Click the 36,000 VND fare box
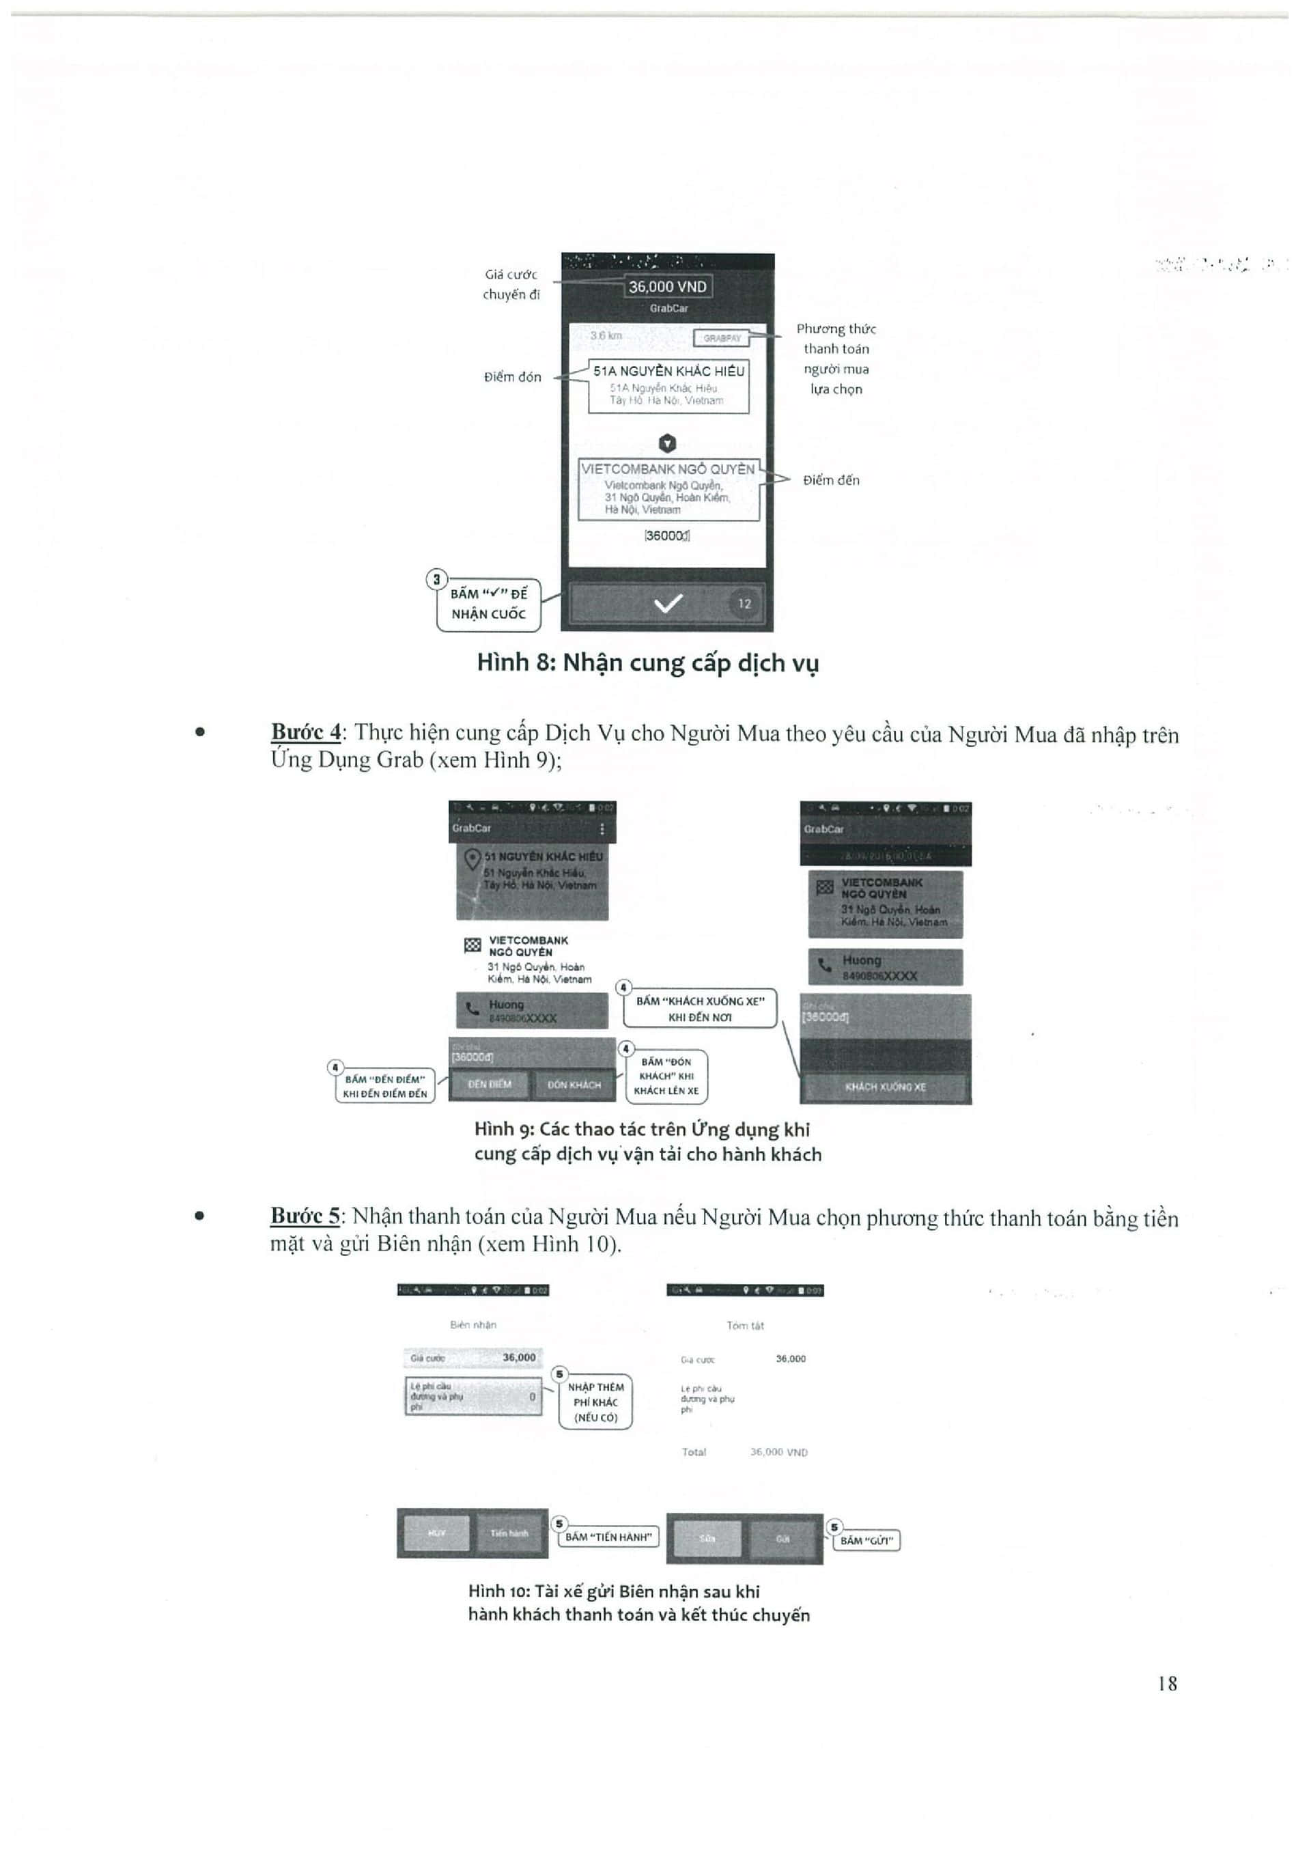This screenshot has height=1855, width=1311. (x=667, y=287)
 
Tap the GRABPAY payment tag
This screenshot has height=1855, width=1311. (x=721, y=337)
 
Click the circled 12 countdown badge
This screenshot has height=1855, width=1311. (x=744, y=604)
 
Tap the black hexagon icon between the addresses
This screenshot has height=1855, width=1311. (x=667, y=443)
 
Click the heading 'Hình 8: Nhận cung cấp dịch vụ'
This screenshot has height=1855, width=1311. (x=647, y=663)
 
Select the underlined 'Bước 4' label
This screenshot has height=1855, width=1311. (x=305, y=732)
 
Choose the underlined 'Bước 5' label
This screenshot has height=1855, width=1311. (x=305, y=1215)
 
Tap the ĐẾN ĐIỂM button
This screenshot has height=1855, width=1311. (x=490, y=1084)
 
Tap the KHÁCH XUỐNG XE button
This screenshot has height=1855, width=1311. (x=886, y=1087)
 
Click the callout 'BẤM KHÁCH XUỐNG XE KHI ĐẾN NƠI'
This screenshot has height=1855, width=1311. (x=699, y=1008)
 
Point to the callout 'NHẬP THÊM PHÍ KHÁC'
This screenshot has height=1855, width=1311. (x=595, y=1401)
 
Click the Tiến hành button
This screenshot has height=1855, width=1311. (x=509, y=1533)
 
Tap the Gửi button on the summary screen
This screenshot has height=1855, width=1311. (x=782, y=1538)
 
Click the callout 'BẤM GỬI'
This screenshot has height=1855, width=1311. (x=865, y=1541)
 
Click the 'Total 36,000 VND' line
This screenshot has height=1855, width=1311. (x=744, y=1452)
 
